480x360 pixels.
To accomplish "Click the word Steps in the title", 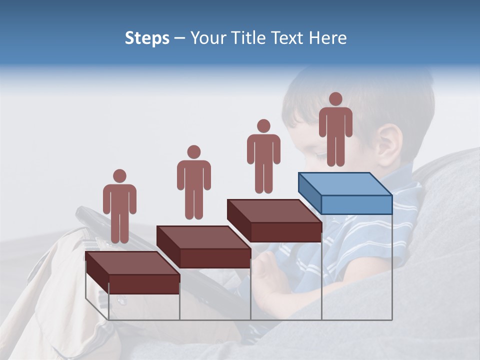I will pyautogui.click(x=147, y=38).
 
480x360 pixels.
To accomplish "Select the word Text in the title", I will pyautogui.click(x=286, y=38).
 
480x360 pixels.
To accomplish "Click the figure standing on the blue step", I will pyautogui.click(x=335, y=130).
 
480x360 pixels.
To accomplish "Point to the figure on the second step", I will pyautogui.click(x=193, y=182).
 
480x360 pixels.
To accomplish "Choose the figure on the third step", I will pyautogui.click(x=263, y=156).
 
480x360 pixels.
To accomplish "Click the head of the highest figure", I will pyautogui.click(x=335, y=99).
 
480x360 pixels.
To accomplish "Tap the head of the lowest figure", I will pyautogui.click(x=119, y=176).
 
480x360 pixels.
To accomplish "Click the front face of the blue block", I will pyautogui.click(x=356, y=204).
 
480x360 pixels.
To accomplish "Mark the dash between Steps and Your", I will pyautogui.click(x=180, y=38).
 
